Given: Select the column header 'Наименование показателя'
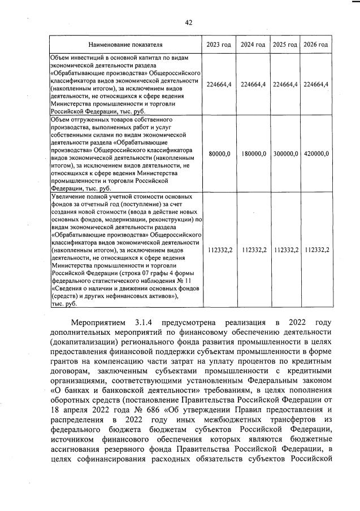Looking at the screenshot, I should point(125,45).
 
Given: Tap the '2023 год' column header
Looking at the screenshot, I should point(219,45).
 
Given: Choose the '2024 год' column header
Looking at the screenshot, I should point(253,45).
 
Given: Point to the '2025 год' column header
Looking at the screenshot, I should point(285,45).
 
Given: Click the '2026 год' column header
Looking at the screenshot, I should point(316,45).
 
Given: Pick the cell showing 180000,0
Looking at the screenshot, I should point(253,153).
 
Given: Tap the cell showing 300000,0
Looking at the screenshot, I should point(285,153).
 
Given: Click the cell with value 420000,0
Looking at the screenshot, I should point(316,153).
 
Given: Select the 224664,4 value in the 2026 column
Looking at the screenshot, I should point(316,84).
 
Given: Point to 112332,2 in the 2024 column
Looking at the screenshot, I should point(253,249).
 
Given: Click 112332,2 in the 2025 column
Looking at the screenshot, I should point(285,249).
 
